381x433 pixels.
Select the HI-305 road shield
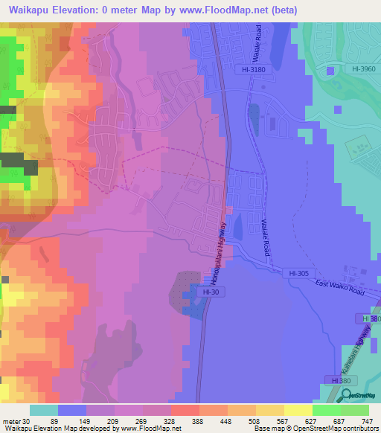point(298,274)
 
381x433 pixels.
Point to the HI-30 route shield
point(210,293)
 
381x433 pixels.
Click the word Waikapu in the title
point(26,10)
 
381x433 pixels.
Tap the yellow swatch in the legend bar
point(298,410)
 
